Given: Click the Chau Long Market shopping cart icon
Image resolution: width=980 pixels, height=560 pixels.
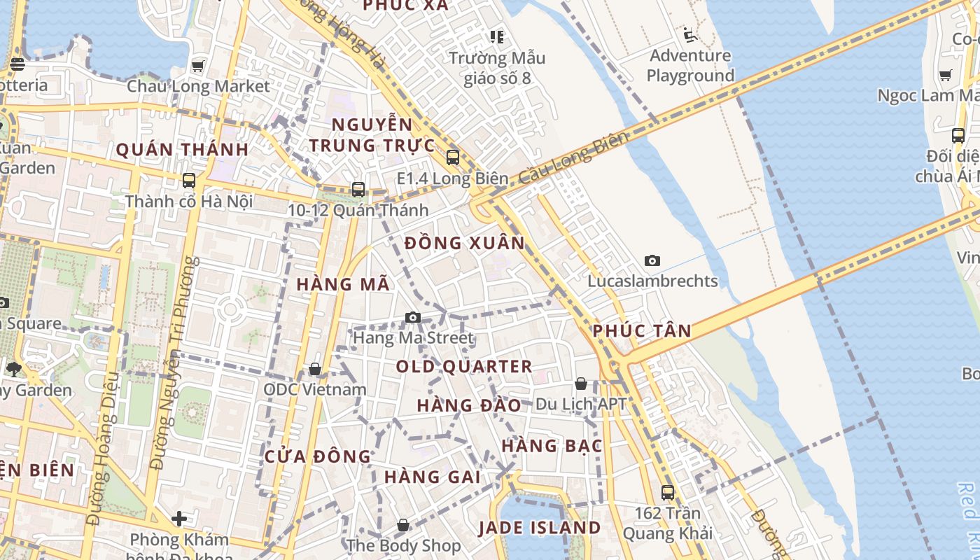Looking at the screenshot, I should click(x=198, y=66).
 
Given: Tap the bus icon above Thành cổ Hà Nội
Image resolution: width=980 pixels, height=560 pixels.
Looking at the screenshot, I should click(x=189, y=181).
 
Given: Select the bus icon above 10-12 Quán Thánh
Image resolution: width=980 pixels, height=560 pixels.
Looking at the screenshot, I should click(x=358, y=189).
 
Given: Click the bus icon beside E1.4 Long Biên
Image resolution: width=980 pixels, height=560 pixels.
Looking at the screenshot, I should click(x=453, y=157).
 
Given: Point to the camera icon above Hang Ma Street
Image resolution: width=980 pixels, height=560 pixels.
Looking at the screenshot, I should click(x=413, y=318).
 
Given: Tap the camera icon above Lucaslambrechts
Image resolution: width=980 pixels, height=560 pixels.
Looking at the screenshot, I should click(x=652, y=261).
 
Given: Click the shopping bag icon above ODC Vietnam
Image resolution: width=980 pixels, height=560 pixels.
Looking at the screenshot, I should click(x=315, y=369).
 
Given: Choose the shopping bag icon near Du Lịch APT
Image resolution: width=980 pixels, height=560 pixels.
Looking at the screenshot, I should click(x=581, y=384).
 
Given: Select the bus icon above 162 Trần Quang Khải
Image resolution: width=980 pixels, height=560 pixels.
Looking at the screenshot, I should click(x=668, y=492).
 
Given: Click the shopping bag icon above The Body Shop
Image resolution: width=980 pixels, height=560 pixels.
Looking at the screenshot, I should click(x=403, y=525).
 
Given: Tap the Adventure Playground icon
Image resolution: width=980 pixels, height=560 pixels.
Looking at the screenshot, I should click(x=690, y=34).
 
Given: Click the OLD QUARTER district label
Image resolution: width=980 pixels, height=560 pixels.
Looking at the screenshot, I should click(x=464, y=367).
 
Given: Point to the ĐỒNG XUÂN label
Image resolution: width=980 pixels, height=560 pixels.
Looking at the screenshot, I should click(x=465, y=244).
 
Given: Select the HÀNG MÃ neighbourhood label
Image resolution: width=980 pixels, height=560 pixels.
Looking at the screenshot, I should click(x=343, y=284).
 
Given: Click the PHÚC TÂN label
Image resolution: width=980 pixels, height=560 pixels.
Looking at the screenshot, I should click(x=642, y=331).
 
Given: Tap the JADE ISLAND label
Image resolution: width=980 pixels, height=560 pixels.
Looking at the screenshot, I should click(x=540, y=528).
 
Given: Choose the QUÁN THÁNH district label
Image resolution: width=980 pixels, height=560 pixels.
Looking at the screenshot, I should click(x=182, y=149).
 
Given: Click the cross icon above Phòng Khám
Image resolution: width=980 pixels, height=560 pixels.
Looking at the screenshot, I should click(x=179, y=519).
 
